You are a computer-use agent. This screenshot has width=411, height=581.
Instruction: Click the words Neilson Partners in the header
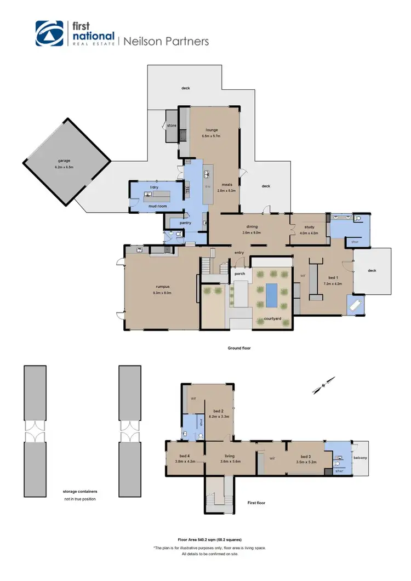click(166, 41)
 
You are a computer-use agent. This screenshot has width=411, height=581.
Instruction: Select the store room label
click(172, 126)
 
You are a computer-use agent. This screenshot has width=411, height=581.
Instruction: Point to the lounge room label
click(212, 130)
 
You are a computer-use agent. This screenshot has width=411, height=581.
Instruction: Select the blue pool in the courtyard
click(272, 295)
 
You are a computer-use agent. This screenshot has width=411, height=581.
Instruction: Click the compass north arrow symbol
click(323, 385)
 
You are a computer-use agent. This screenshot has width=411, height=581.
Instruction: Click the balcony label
click(360, 458)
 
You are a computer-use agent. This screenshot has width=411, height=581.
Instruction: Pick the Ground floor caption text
click(239, 348)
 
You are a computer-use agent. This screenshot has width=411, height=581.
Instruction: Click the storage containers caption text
click(80, 492)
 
